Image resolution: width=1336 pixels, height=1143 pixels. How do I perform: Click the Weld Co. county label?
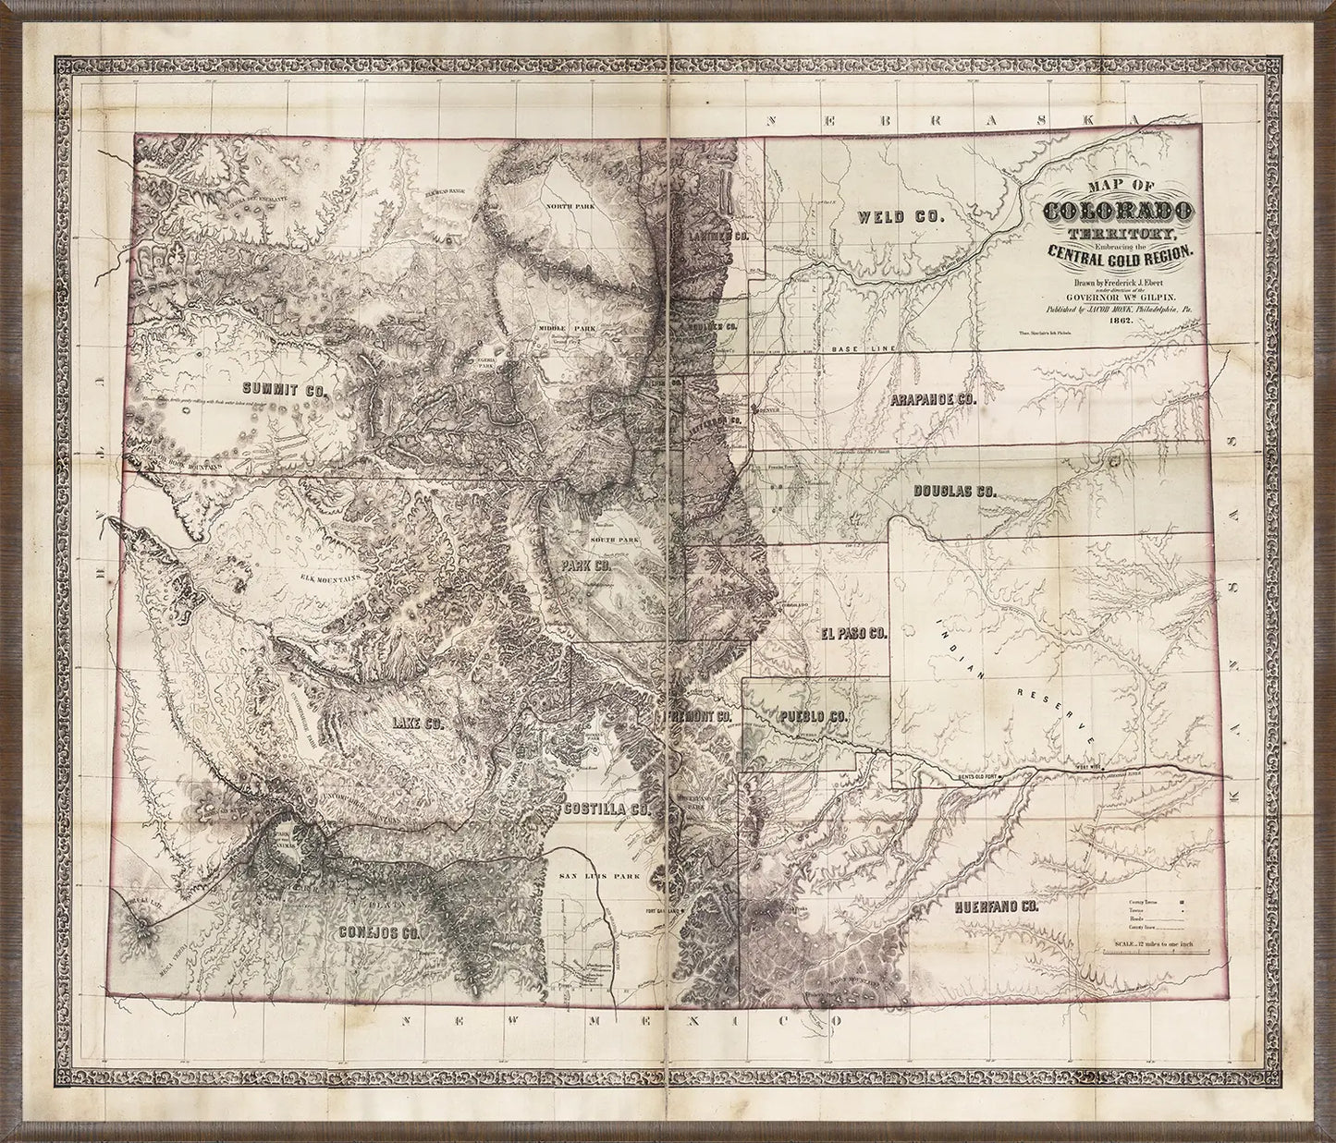[899, 217]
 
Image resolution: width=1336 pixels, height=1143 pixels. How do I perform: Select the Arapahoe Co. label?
[935, 401]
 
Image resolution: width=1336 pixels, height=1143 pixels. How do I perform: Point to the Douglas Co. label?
[953, 492]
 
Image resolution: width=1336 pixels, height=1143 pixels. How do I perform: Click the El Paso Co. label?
[852, 634]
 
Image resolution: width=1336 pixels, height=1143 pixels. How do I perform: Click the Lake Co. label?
[417, 723]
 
